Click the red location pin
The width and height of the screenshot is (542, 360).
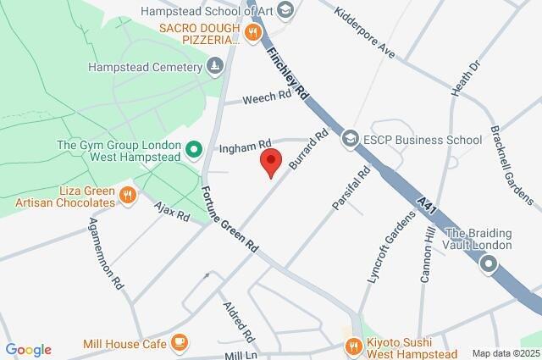point(270,161)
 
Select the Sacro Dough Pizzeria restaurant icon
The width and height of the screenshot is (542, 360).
point(252,33)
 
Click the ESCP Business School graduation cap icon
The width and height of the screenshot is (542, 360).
point(349,137)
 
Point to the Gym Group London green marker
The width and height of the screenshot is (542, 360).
point(193,152)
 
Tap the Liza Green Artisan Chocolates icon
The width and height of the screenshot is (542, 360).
point(128,196)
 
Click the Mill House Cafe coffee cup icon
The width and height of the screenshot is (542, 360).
point(178,342)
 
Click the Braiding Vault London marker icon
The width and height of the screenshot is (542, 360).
point(489,266)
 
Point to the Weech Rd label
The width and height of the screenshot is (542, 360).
point(266,99)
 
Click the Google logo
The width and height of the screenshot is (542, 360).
point(28,350)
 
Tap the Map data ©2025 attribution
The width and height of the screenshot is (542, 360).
point(505,353)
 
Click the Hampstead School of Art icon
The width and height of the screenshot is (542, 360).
point(285,9)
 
